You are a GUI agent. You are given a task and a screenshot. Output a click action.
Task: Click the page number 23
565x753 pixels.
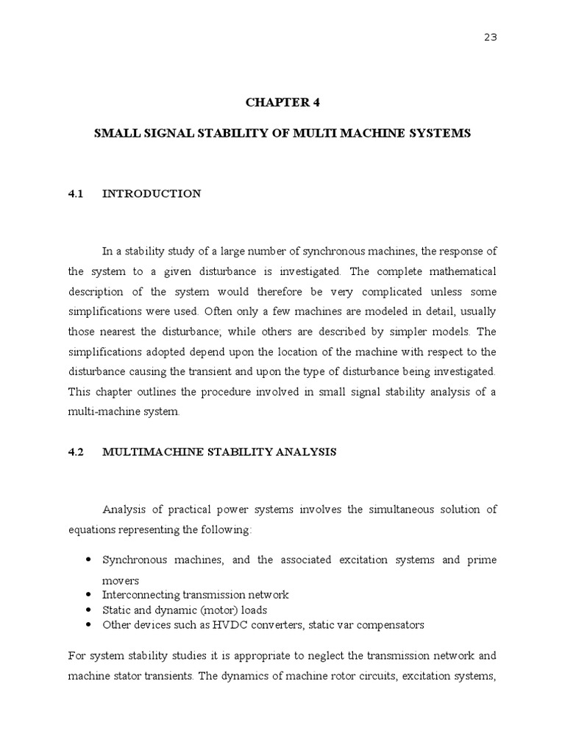(491, 38)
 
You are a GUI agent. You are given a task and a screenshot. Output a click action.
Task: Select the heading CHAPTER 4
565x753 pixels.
(282, 103)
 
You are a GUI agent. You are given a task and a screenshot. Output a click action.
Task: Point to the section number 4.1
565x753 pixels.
(77, 193)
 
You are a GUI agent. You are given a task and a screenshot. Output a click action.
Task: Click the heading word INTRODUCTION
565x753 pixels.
(151, 193)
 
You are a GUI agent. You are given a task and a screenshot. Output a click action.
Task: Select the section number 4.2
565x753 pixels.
(77, 452)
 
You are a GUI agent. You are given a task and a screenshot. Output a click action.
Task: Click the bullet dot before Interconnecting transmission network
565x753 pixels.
(88, 594)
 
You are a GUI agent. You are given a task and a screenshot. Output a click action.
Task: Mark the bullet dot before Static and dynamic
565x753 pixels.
(88, 610)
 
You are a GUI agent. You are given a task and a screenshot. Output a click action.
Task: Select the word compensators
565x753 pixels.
(391, 625)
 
